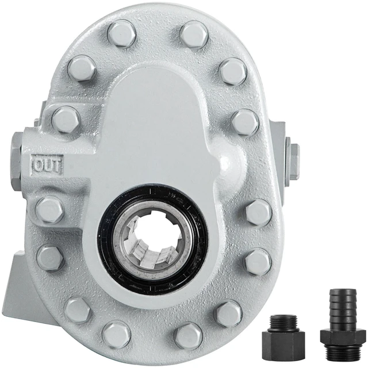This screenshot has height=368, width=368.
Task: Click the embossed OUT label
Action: coord(48,164)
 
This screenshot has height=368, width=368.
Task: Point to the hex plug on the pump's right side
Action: coord(294,162)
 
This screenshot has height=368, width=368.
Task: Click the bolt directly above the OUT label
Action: coord(66,120)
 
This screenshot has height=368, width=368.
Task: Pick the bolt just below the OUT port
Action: coord(49,209)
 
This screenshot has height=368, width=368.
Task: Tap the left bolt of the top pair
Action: coord(122,33)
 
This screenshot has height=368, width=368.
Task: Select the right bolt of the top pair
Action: coord(194,34)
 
